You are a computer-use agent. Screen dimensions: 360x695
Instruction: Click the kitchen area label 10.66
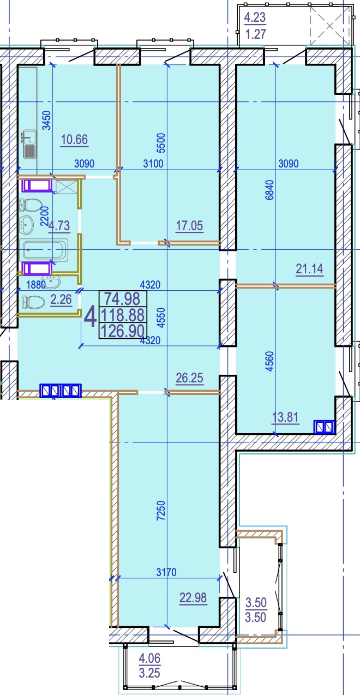point(75,140)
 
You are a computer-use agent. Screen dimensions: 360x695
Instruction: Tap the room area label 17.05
point(189,225)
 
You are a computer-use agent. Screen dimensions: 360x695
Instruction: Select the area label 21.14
point(309,269)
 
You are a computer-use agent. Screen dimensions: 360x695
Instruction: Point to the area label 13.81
point(285,417)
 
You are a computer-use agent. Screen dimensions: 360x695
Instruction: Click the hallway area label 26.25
point(189,378)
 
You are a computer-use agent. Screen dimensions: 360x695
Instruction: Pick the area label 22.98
point(193,597)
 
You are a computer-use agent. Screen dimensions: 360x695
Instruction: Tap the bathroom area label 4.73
point(59,225)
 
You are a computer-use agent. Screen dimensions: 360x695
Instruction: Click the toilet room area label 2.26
point(61,299)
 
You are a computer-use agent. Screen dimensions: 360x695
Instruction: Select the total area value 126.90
point(123,331)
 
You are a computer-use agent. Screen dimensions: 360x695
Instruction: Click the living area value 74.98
point(122,299)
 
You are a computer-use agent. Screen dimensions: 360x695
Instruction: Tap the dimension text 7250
point(161,511)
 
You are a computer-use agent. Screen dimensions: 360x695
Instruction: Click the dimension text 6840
point(269,190)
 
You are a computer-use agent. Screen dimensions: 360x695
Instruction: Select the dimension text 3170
point(166,572)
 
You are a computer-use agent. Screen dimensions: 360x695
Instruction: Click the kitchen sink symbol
point(29,144)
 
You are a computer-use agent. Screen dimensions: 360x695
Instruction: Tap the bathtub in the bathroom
point(44,250)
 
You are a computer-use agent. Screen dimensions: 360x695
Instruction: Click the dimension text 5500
point(161,143)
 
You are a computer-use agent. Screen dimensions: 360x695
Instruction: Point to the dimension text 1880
point(36,285)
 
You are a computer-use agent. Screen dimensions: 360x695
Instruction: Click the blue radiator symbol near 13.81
point(325,427)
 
